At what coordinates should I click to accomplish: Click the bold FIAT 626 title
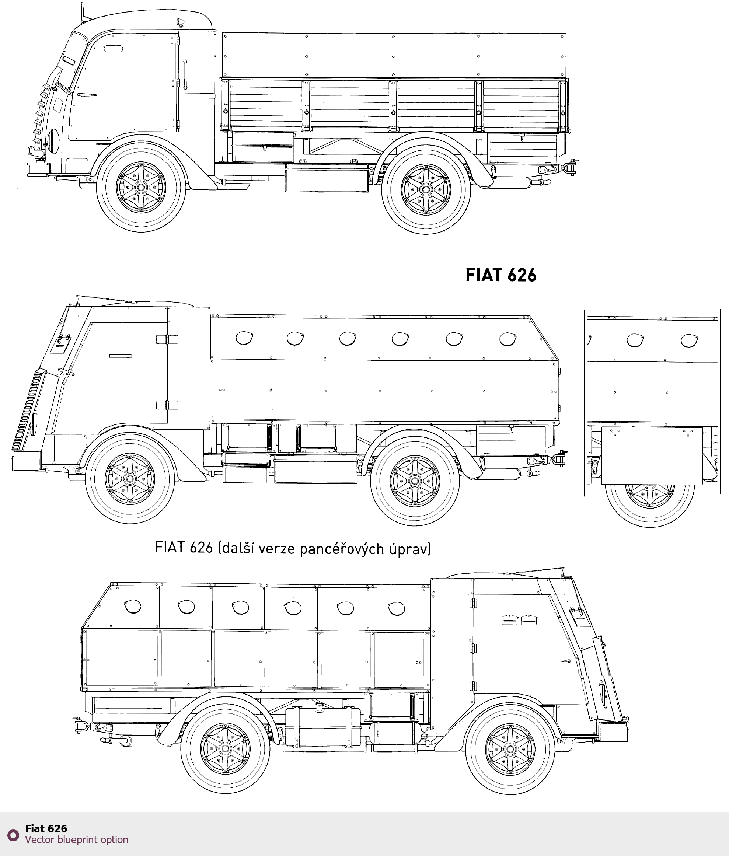click(x=500, y=275)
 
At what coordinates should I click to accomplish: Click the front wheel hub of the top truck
click(x=141, y=188)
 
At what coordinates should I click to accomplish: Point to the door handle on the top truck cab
click(x=185, y=74)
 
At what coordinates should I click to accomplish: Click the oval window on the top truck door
click(x=113, y=49)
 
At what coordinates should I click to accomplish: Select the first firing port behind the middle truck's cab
click(x=244, y=338)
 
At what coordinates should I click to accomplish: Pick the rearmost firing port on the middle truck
click(x=507, y=339)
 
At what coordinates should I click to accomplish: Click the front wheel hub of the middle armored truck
click(x=130, y=479)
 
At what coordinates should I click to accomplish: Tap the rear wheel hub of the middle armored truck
click(x=415, y=481)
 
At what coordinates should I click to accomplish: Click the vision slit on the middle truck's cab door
click(x=121, y=356)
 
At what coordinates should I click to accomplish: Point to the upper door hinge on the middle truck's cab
click(x=167, y=339)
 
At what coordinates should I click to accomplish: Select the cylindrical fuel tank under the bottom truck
click(x=323, y=727)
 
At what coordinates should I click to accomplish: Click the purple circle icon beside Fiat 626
click(x=13, y=835)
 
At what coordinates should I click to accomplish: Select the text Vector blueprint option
click(x=76, y=840)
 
